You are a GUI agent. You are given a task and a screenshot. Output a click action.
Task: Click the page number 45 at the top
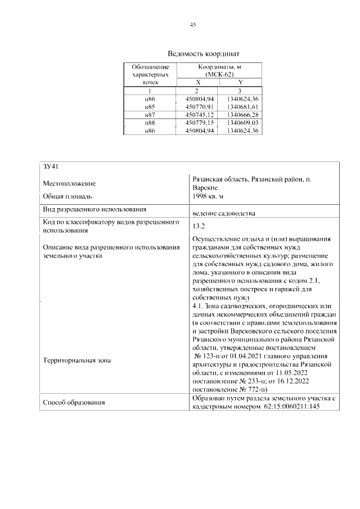pyautogui.click(x=192, y=25)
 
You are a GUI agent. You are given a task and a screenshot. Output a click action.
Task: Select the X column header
pyautogui.click(x=197, y=82)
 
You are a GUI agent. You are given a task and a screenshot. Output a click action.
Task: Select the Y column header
pyautogui.click(x=240, y=82)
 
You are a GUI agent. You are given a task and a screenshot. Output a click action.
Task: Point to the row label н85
pyautogui.click(x=150, y=106)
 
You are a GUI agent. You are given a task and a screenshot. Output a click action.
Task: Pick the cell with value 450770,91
pyautogui.click(x=197, y=106)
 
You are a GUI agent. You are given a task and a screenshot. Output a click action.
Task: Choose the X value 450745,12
pyautogui.click(x=197, y=115)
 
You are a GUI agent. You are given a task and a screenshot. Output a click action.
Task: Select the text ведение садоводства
pyautogui.click(x=223, y=214)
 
